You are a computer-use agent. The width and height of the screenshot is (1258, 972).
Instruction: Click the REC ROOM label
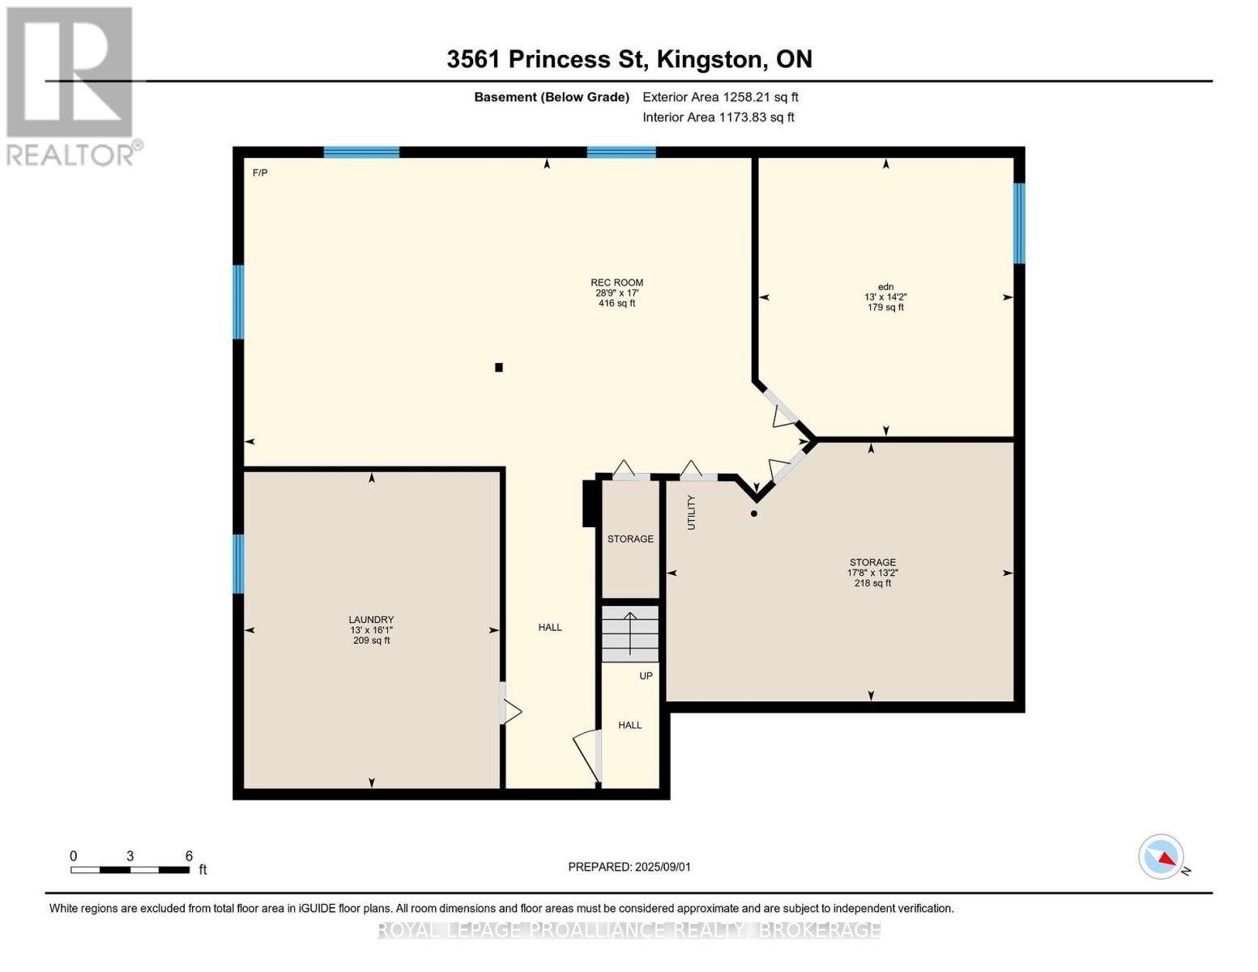[x=616, y=283]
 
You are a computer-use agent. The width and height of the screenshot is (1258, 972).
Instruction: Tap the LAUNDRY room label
[x=371, y=620]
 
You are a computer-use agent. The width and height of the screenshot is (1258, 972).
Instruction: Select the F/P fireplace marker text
[x=260, y=173]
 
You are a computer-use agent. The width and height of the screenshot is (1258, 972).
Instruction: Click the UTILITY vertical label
[x=691, y=512]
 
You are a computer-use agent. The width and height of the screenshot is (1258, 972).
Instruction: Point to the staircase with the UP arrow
[x=629, y=633]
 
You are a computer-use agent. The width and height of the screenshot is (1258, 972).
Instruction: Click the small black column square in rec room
[x=499, y=368]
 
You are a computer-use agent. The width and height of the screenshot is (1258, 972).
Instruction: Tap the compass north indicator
[x=1162, y=857]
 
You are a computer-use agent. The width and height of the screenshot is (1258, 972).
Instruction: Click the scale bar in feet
[x=130, y=870]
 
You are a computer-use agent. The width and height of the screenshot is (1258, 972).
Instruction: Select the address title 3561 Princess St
[x=629, y=59]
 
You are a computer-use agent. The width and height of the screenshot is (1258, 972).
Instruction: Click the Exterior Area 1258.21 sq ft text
[x=720, y=97]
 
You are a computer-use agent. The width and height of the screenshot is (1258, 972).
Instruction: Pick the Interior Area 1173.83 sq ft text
[x=718, y=117]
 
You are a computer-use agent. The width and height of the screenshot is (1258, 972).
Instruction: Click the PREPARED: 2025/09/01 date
[x=629, y=867]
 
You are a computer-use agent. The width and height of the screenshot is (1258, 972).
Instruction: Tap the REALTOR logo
[x=70, y=85]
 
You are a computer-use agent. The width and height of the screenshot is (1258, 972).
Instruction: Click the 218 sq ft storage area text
[x=872, y=583]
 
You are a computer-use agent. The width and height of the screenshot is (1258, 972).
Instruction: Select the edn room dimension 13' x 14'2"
[x=885, y=297]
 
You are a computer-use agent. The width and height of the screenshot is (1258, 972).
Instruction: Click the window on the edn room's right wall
[x=1019, y=223]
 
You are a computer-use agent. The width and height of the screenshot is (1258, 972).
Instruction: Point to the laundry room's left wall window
[x=238, y=564]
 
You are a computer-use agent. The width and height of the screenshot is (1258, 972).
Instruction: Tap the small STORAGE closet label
[x=630, y=539]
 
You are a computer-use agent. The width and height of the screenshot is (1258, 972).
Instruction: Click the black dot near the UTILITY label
[x=754, y=514]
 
